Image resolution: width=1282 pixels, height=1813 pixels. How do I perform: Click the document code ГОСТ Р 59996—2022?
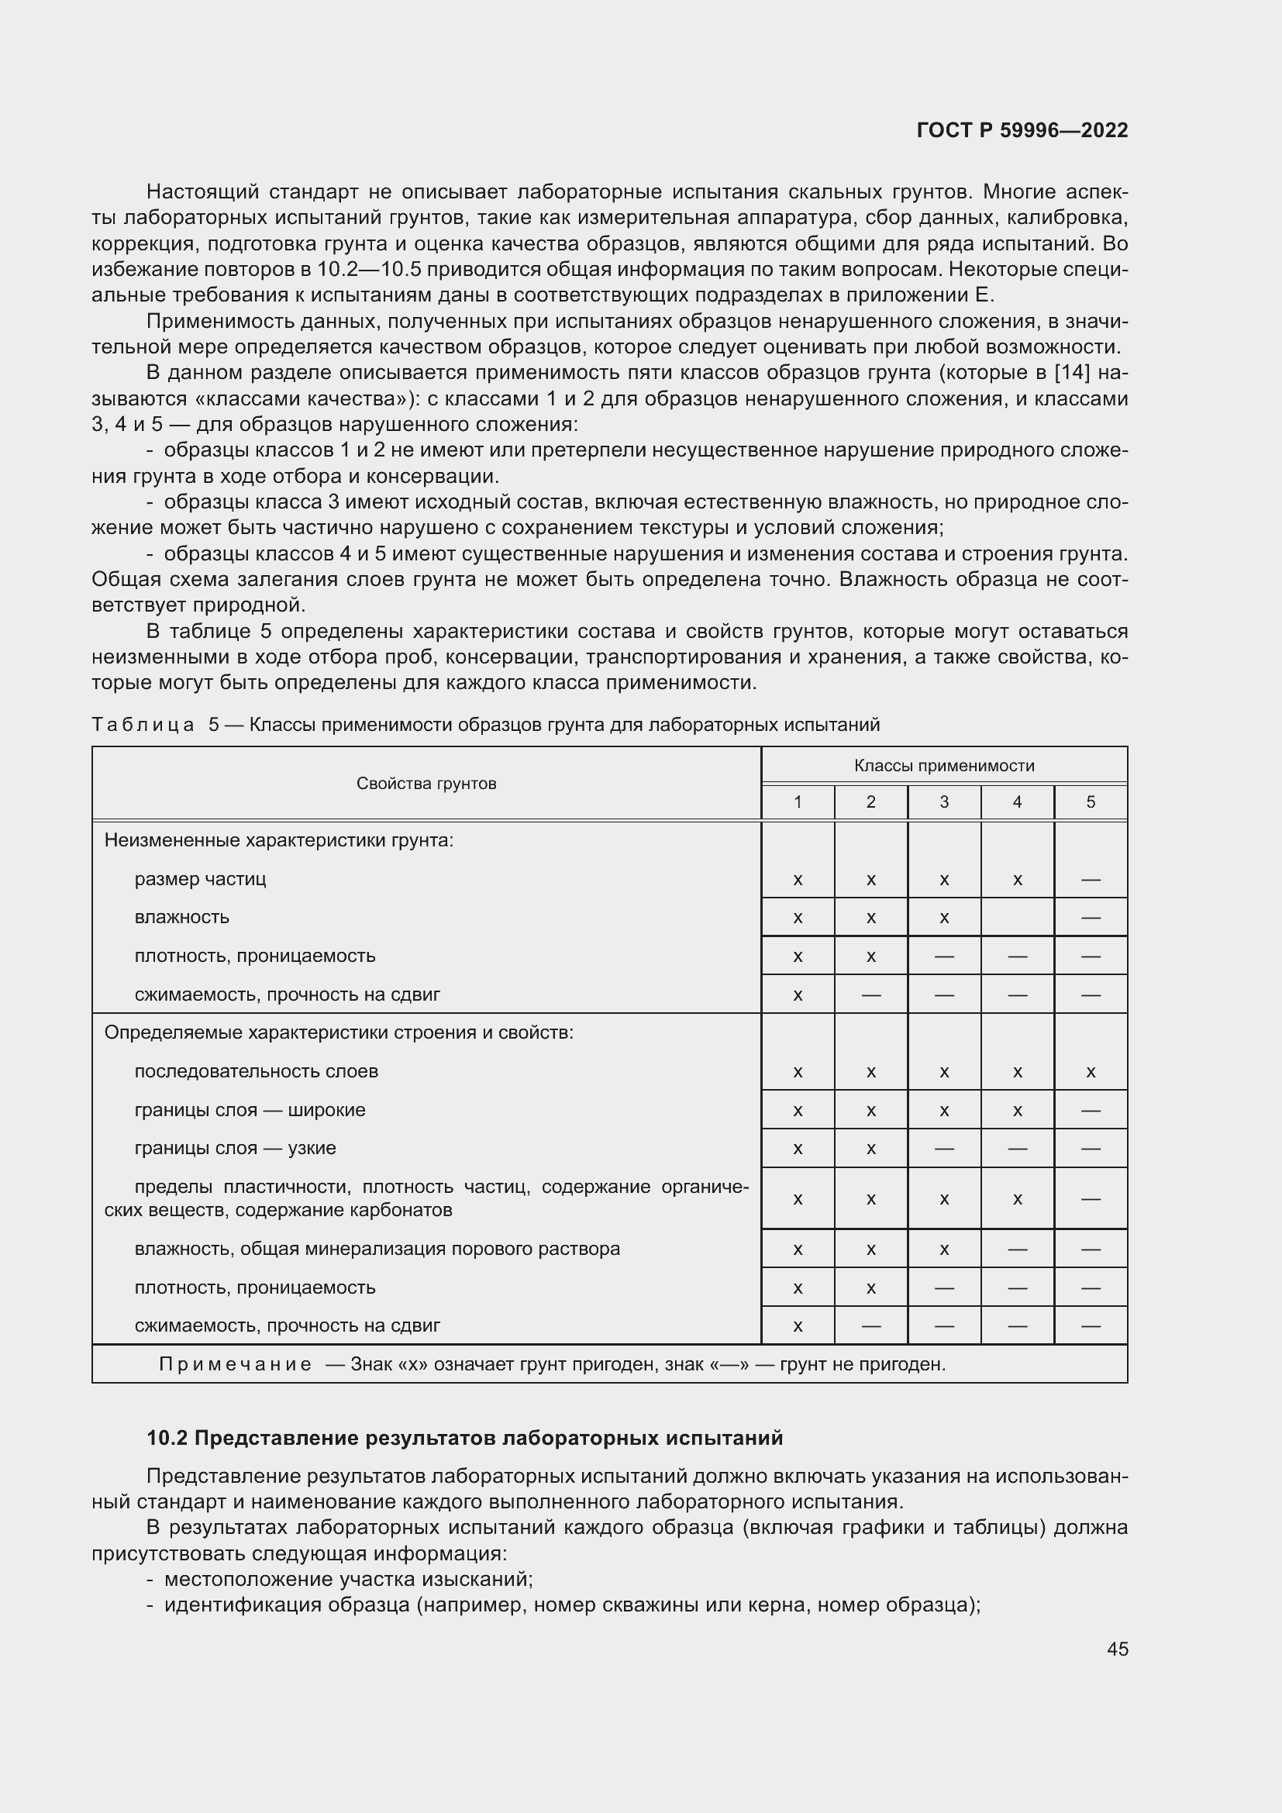[1022, 130]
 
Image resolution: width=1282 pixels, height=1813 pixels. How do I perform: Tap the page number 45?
[1117, 1649]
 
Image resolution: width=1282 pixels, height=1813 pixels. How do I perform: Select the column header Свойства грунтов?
[426, 784]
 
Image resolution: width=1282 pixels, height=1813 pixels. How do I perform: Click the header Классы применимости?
[944, 765]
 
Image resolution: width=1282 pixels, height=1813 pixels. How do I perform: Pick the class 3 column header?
[944, 802]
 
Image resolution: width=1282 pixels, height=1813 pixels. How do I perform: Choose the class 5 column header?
[1091, 802]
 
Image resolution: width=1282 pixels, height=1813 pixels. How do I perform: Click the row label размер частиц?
[201, 879]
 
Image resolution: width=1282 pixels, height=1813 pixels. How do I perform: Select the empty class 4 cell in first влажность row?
[1017, 918]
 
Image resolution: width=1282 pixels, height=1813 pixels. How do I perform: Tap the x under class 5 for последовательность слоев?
[1091, 1072]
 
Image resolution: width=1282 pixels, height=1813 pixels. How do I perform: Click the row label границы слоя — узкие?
[236, 1148]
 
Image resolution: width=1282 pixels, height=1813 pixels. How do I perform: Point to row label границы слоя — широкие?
[250, 1110]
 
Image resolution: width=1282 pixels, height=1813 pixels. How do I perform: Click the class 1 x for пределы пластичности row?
[798, 1199]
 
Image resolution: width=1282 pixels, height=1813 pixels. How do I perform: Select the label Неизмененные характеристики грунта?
[279, 840]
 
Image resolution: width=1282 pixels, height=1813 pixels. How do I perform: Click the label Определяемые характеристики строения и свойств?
[339, 1032]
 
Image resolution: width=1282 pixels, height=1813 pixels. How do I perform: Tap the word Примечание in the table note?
[236, 1364]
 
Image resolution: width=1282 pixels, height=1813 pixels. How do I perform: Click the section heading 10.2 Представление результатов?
[465, 1438]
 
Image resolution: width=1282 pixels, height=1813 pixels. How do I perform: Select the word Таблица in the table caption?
[143, 725]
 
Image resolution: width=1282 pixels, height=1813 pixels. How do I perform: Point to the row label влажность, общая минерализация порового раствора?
[377, 1249]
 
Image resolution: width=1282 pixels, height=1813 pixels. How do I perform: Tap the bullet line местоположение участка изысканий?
[348, 1579]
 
